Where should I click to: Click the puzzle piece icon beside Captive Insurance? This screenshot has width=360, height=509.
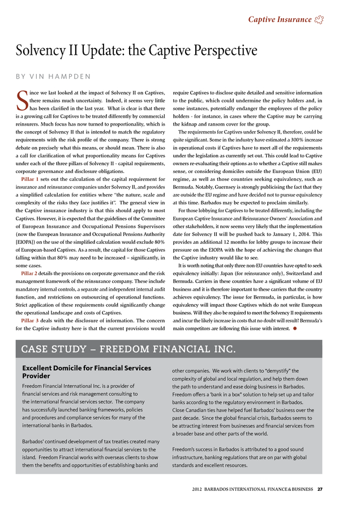[x=319, y=20]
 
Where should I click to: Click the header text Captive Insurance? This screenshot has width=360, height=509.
[x=280, y=20]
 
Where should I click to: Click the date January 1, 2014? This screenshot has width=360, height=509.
[x=278, y=234]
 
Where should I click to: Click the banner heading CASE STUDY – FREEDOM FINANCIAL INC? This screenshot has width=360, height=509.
[x=125, y=347]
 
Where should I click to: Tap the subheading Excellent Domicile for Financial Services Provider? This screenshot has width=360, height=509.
[x=85, y=372]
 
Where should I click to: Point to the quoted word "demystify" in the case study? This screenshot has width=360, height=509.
[x=278, y=370]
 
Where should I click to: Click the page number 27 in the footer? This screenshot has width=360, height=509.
[x=320, y=489]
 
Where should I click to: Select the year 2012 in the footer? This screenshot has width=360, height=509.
[x=198, y=489]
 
